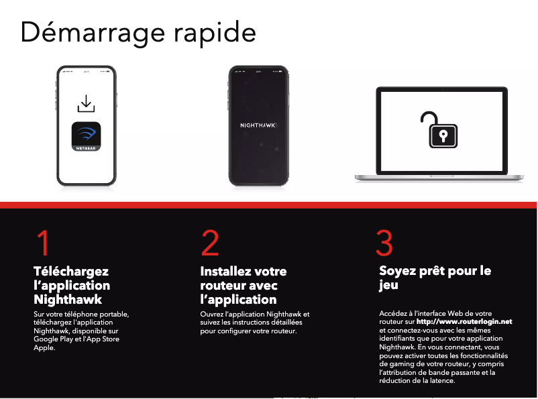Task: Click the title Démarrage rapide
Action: point(138,33)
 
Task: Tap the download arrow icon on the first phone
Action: point(86,104)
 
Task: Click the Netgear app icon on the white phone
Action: point(86,136)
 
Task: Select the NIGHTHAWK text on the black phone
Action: point(258,126)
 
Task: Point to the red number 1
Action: point(42,243)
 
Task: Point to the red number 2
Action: point(210,243)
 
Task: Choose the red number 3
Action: point(384,243)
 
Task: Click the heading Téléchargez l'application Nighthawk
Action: point(72,285)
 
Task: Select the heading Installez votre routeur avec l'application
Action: point(243,285)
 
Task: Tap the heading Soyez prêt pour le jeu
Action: point(435,278)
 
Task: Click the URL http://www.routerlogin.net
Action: point(464,322)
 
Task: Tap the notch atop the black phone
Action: point(258,68)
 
